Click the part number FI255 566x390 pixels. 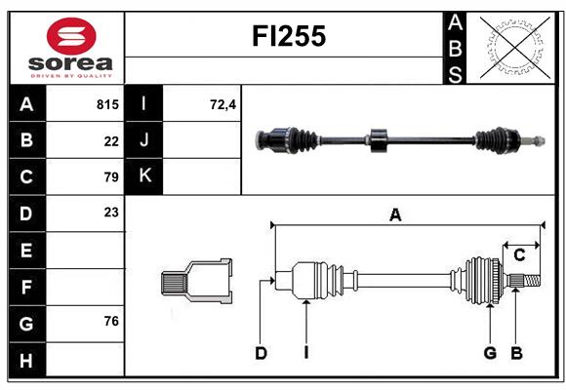pyautogui.click(x=289, y=36)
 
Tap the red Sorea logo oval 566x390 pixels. pyautogui.click(x=71, y=36)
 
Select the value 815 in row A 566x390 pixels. pyautogui.click(x=107, y=104)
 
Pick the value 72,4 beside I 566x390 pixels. pyautogui.click(x=222, y=104)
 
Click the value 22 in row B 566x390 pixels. pyautogui.click(x=111, y=141)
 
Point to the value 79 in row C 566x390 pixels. pyautogui.click(x=111, y=177)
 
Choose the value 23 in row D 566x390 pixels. pyautogui.click(x=111, y=213)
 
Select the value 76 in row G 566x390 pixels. pyautogui.click(x=111, y=321)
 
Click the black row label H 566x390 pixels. pyautogui.click(x=26, y=361)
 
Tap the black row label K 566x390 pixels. pyautogui.click(x=143, y=175)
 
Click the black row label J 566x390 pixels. pyautogui.click(x=143, y=139)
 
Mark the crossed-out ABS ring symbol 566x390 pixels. pyautogui.click(x=515, y=48)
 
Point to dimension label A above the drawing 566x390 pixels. pyautogui.click(x=395, y=215)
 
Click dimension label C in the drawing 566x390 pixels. pyautogui.click(x=519, y=255)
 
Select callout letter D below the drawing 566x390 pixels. pyautogui.click(x=261, y=353)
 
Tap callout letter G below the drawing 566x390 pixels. pyautogui.click(x=490, y=353)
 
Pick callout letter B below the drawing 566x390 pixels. pyautogui.click(x=516, y=353)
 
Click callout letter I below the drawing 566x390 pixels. pyautogui.click(x=306, y=353)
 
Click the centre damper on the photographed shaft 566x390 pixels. pyautogui.click(x=379, y=140)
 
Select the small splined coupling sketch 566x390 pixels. pyautogui.click(x=196, y=281)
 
